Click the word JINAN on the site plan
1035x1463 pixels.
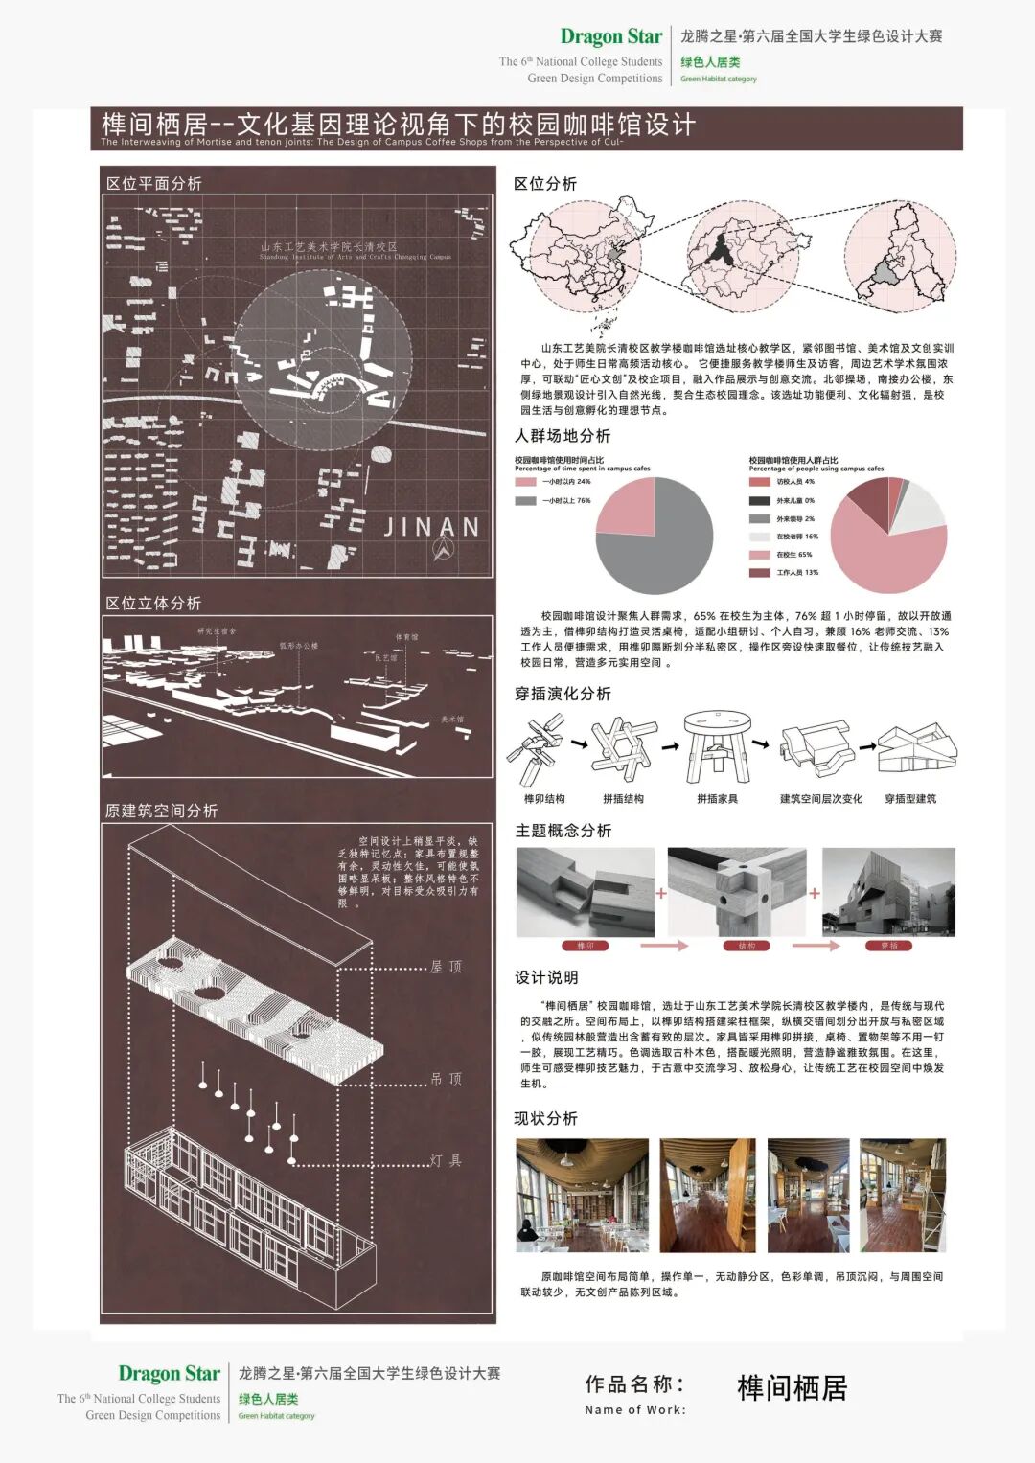point(431,527)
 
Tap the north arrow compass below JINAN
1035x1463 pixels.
point(443,550)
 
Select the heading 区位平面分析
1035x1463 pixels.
point(153,183)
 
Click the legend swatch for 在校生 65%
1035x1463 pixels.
point(760,555)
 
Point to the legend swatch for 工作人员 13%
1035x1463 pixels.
point(760,573)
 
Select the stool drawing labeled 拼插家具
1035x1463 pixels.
point(717,747)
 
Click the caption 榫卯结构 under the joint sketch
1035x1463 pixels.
point(543,799)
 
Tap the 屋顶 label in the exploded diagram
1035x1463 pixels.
point(446,967)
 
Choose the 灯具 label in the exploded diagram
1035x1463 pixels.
point(446,1160)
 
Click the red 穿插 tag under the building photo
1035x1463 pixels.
point(889,946)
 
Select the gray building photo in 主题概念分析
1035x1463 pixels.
point(888,892)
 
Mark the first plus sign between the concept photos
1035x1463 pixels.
point(661,893)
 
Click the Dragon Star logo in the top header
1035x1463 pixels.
point(610,36)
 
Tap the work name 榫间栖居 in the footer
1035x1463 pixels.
point(792,1387)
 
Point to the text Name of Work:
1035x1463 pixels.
point(635,1409)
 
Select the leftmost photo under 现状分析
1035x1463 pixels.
point(582,1195)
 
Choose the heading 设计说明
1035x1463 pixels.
point(546,977)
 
